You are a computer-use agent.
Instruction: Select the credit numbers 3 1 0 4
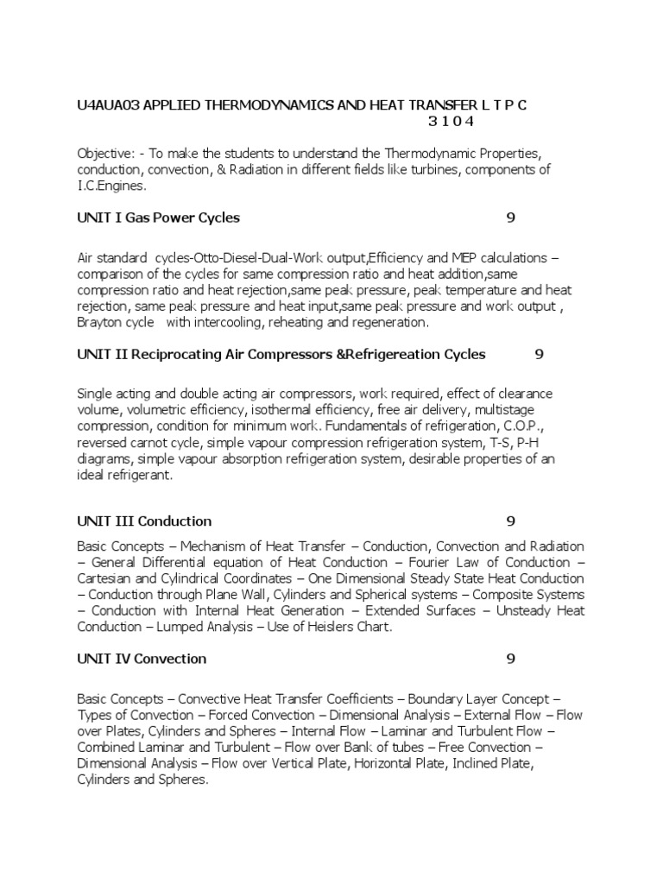coord(451,121)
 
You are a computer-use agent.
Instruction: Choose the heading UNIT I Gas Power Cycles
coord(158,218)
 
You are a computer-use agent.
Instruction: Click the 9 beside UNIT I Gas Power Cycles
coord(511,218)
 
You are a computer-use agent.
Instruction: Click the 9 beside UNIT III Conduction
coord(511,521)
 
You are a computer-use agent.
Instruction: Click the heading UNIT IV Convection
coord(142,659)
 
